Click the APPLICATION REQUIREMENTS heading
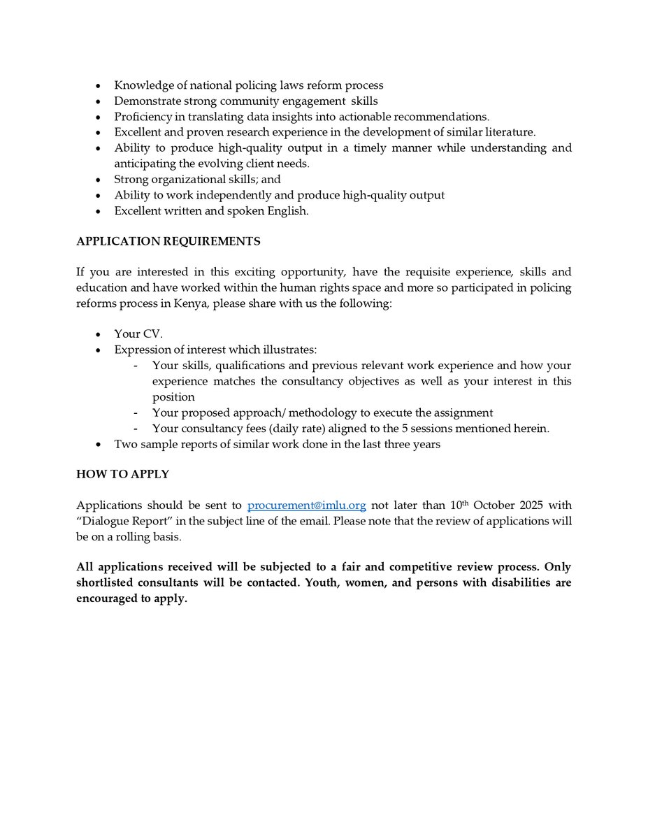click(168, 241)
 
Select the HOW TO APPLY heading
click(122, 474)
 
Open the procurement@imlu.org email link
click(307, 505)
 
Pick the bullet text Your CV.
click(138, 334)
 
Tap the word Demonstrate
click(147, 101)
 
